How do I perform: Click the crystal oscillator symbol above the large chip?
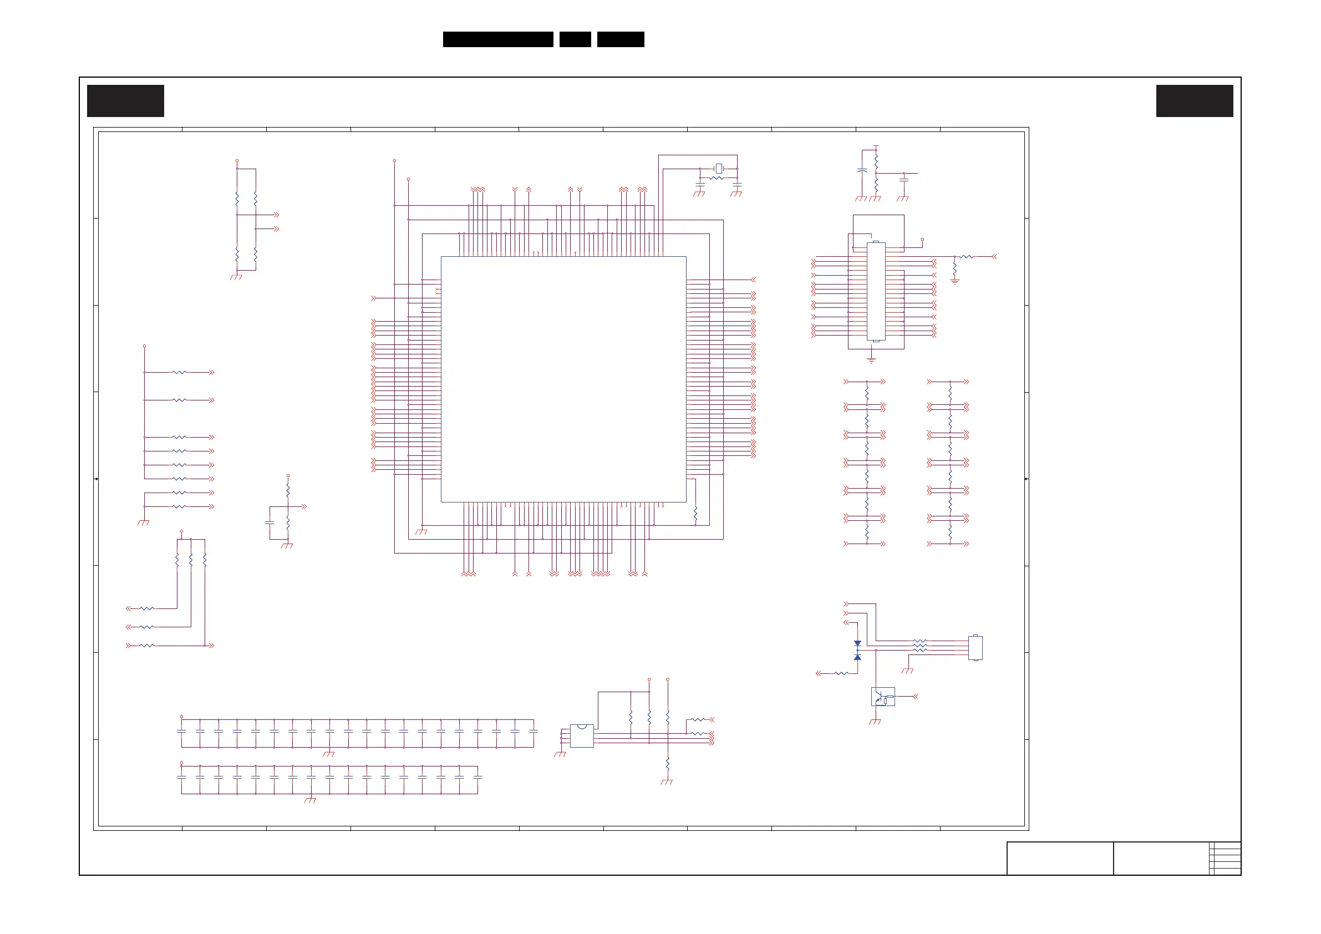pyautogui.click(x=719, y=169)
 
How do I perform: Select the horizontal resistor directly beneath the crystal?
pyautogui.click(x=717, y=179)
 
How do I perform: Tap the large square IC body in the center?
pyautogui.click(x=563, y=379)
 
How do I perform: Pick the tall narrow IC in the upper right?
pyautogui.click(x=876, y=291)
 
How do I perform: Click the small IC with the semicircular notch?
pyautogui.click(x=582, y=735)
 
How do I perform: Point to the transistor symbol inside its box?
pyautogui.click(x=882, y=697)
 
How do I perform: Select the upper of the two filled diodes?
pyautogui.click(x=857, y=644)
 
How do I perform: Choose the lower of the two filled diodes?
pyautogui.click(x=857, y=657)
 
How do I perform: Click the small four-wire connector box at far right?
pyautogui.click(x=975, y=648)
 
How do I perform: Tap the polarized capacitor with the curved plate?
pyautogui.click(x=862, y=171)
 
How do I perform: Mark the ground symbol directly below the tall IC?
pyautogui.click(x=872, y=359)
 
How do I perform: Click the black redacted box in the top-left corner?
pyautogui.click(x=125, y=101)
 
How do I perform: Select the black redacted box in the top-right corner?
pyautogui.click(x=1195, y=101)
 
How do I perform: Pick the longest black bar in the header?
pyautogui.click(x=497, y=39)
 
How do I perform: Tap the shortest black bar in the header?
pyautogui.click(x=575, y=39)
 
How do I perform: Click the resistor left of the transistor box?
pyautogui.click(x=841, y=673)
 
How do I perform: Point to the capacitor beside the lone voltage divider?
pyautogui.click(x=270, y=522)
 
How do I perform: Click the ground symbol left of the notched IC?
pyautogui.click(x=560, y=754)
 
